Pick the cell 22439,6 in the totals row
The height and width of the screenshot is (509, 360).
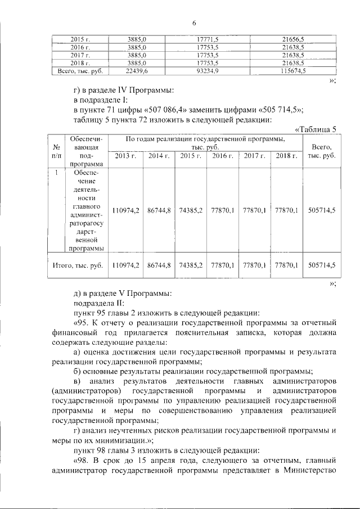pyautogui.click(x=137, y=71)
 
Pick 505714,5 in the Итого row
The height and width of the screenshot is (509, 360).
pyautogui.click(x=322, y=264)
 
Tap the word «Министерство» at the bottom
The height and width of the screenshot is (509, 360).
pyautogui.click(x=312, y=471)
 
